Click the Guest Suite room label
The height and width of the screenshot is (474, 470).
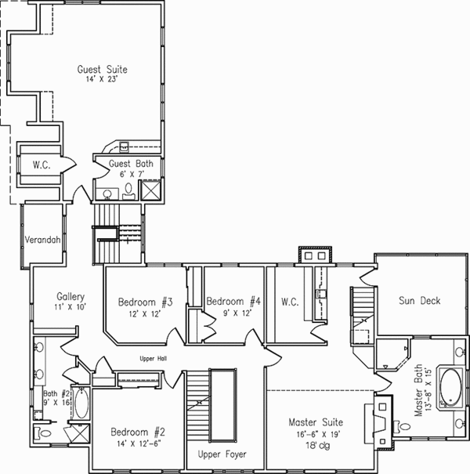[102, 70]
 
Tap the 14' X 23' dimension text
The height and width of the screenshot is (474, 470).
[102, 79]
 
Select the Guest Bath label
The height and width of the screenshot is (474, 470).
[131, 164]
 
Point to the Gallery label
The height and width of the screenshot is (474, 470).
[70, 297]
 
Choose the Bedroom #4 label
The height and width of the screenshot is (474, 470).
[232, 302]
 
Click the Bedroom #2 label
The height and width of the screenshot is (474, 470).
[136, 432]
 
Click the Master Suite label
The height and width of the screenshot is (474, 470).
[316, 424]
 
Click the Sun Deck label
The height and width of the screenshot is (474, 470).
[419, 300]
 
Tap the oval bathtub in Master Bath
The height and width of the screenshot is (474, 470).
[450, 387]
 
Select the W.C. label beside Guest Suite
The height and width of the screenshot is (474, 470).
[42, 165]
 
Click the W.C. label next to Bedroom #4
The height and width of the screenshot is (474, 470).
[289, 302]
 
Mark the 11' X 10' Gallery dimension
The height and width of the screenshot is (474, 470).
[70, 307]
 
